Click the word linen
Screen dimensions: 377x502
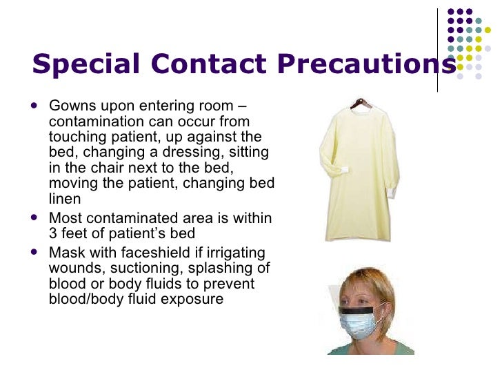click(x=65, y=199)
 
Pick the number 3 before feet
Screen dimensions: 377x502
click(x=54, y=233)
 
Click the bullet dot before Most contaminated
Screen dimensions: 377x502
click(x=35, y=218)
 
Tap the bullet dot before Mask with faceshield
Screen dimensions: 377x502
click(x=35, y=252)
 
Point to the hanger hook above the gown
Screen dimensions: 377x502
click(x=360, y=98)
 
